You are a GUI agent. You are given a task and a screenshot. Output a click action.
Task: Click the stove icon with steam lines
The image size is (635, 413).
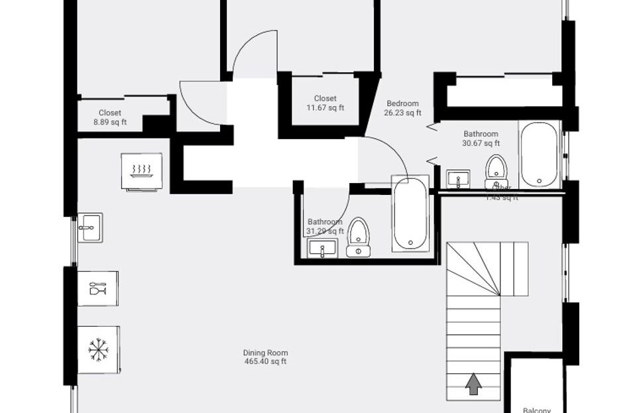(x=141, y=171)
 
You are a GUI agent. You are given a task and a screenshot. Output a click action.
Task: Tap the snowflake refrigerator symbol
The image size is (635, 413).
(x=97, y=349)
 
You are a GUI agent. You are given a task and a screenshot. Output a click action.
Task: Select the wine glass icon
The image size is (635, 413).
(x=97, y=288)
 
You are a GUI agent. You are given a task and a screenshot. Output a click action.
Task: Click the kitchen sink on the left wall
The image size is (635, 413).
(x=89, y=228)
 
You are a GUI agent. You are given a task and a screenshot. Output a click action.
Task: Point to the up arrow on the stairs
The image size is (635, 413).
(x=473, y=384)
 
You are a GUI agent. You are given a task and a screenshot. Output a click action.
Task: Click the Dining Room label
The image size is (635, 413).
(x=265, y=353)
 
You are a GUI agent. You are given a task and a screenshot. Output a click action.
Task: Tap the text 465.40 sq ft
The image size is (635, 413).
(x=265, y=362)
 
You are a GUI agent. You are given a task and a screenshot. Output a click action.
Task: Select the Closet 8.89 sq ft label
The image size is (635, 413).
(x=110, y=117)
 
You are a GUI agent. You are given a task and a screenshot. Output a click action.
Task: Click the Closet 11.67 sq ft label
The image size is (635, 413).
(x=325, y=103)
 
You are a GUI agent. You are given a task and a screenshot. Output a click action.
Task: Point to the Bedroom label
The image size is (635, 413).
(x=402, y=103)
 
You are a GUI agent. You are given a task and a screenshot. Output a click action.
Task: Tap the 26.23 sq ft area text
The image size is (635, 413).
(x=402, y=113)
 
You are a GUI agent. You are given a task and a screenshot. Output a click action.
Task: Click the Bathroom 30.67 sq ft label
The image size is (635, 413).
(x=481, y=138)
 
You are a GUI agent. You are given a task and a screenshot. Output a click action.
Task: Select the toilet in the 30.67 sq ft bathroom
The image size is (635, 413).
(x=496, y=172)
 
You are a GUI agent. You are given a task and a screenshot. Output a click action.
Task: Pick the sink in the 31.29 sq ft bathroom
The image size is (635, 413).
(x=323, y=249)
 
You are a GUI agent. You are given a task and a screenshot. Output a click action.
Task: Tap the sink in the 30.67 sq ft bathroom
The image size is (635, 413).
(x=458, y=179)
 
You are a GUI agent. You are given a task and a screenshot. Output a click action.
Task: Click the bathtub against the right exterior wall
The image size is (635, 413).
(x=540, y=153)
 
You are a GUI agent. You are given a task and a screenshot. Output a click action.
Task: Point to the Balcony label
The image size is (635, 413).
(x=536, y=410)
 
